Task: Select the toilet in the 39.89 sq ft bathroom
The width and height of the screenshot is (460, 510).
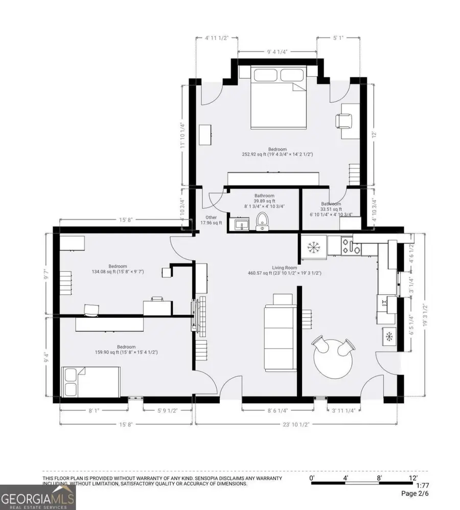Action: coord(263,222)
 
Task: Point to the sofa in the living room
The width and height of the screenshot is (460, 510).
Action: coord(279,332)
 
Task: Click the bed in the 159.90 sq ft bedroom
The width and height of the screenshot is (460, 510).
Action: coord(91,381)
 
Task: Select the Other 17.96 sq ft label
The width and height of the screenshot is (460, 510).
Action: coord(211,220)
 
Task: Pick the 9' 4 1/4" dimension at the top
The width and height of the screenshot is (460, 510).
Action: coord(277,51)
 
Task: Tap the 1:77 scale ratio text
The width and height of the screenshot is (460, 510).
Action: coord(422,485)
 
